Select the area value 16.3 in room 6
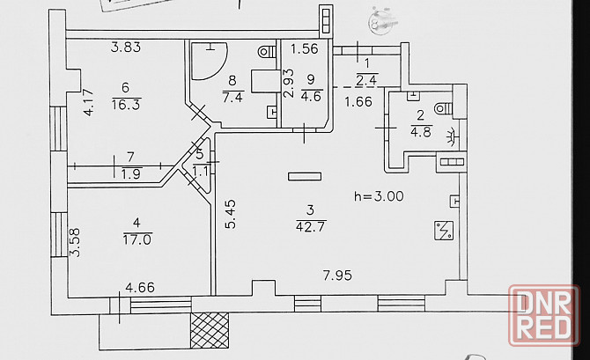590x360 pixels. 127,102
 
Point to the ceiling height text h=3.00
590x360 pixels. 377,196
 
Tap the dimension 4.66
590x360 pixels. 141,287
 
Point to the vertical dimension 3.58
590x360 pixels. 75,243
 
